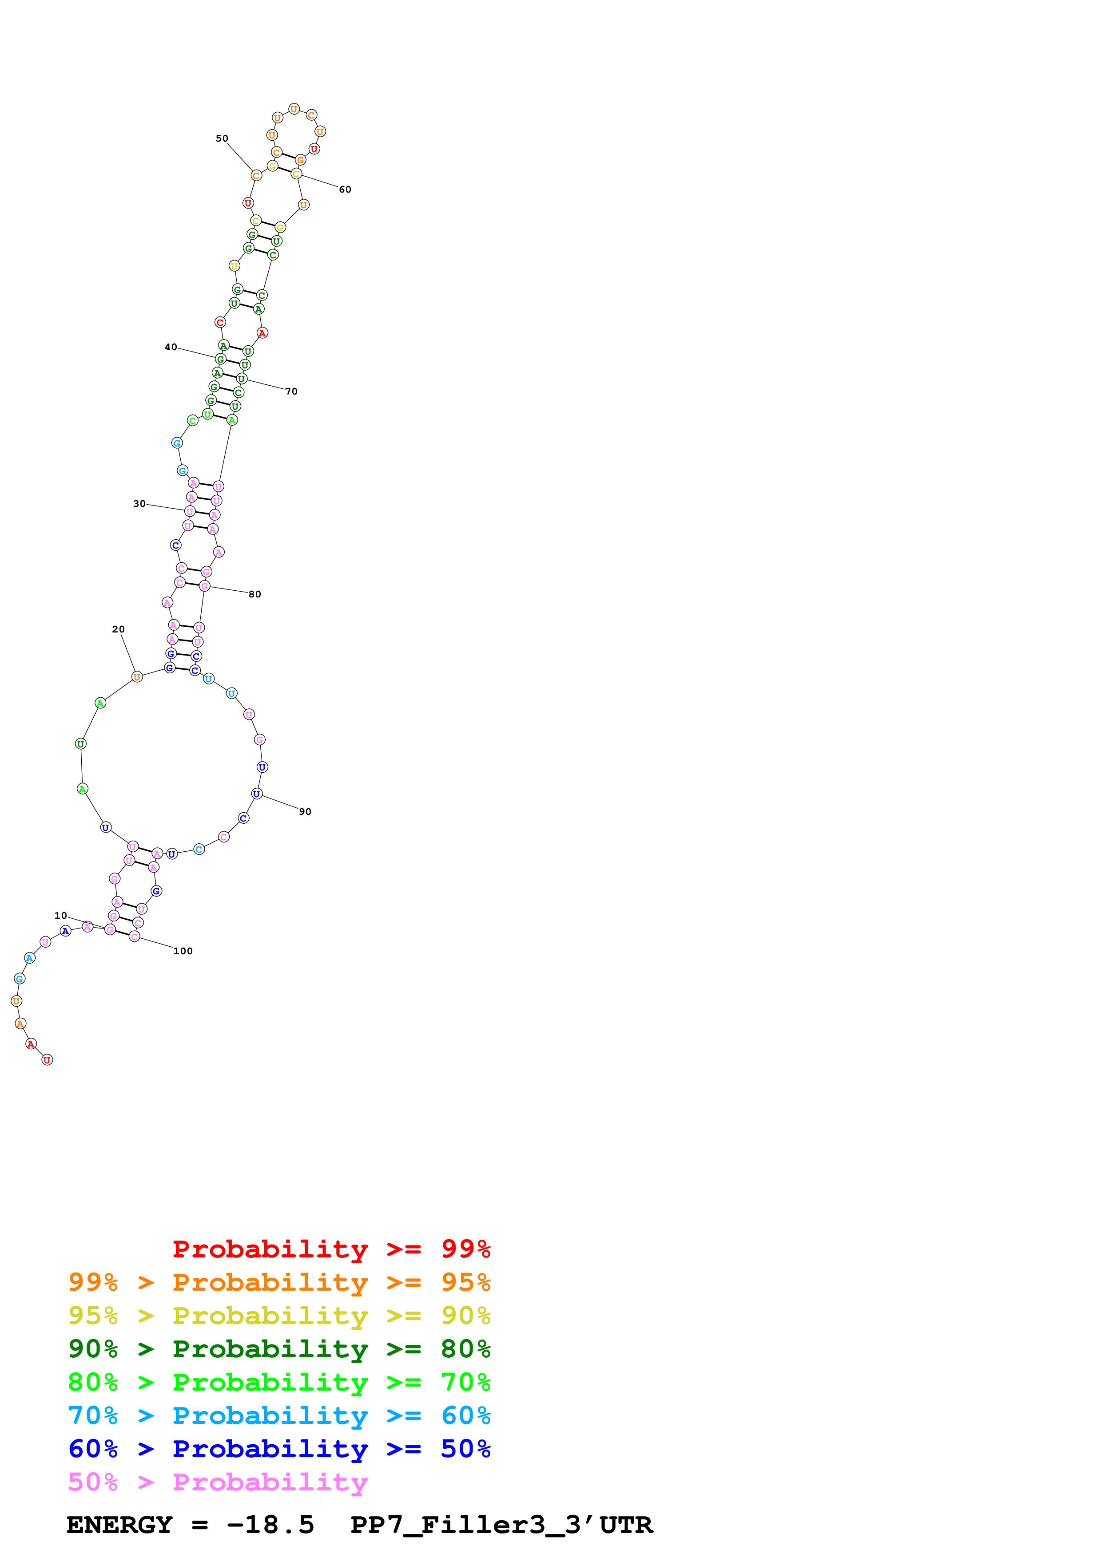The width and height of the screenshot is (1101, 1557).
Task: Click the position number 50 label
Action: (x=222, y=138)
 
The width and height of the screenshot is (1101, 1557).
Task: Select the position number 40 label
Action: (x=171, y=347)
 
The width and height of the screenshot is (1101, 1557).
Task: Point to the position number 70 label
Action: (x=291, y=391)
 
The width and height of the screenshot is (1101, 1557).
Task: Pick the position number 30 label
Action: (x=139, y=504)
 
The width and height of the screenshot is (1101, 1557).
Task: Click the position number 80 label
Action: (x=254, y=594)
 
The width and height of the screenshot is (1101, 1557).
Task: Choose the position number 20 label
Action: (x=118, y=629)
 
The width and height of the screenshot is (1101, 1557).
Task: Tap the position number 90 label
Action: (x=305, y=812)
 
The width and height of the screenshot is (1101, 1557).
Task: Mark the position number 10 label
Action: (x=60, y=916)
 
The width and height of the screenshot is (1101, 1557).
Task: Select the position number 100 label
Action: (x=183, y=952)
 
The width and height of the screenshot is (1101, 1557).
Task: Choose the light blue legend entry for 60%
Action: (x=279, y=1415)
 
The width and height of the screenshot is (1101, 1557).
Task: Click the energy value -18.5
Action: (x=270, y=1525)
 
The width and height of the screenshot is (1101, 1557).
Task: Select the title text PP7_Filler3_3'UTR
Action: (x=501, y=1525)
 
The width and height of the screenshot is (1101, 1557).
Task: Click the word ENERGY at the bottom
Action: (x=119, y=1525)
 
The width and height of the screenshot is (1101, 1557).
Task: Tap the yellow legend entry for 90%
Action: (x=279, y=1316)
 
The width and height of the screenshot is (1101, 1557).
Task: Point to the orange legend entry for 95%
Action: (x=279, y=1282)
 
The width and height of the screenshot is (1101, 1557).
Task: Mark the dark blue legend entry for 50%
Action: (x=279, y=1449)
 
